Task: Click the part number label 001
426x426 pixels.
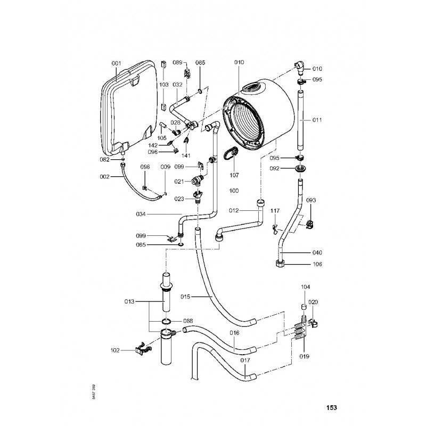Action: pos(117,64)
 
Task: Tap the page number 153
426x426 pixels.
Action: pos(331,408)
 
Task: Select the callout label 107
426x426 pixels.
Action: pos(234,175)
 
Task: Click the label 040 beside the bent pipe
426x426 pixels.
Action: pos(317,252)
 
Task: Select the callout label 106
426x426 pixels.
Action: pos(317,264)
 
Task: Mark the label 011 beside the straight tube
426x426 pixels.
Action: pos(317,120)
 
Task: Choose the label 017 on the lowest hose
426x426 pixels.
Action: pos(245,361)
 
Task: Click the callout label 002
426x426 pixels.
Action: pos(105,176)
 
